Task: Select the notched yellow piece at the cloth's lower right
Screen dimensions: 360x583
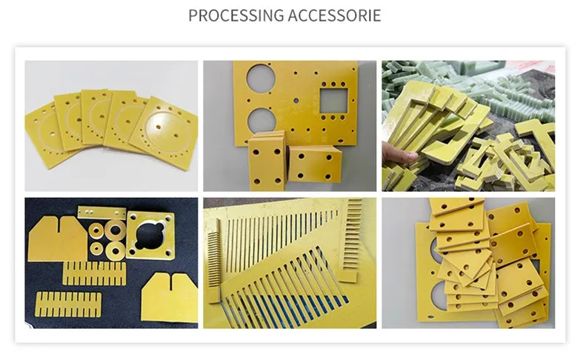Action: pyautogui.click(x=170, y=296)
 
